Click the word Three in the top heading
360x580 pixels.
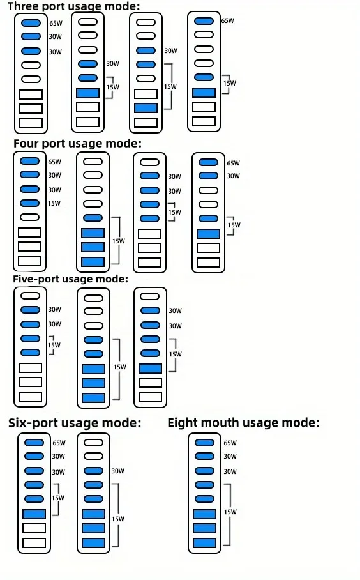click(22, 6)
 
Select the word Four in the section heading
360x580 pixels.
click(26, 143)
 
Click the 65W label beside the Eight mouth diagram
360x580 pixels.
click(230, 443)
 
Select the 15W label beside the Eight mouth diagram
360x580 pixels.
click(230, 512)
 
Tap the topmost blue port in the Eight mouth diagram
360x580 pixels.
click(204, 443)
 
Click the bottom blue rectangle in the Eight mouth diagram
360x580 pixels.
click(204, 543)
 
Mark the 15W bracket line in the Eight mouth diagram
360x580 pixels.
click(230, 514)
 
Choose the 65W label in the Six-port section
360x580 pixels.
click(59, 443)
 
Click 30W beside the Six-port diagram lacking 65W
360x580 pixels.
click(118, 471)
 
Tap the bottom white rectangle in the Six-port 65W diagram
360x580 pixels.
click(34, 543)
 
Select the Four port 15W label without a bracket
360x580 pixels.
click(54, 203)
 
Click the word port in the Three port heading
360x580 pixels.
click(50, 6)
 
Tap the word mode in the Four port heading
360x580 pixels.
click(124, 143)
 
